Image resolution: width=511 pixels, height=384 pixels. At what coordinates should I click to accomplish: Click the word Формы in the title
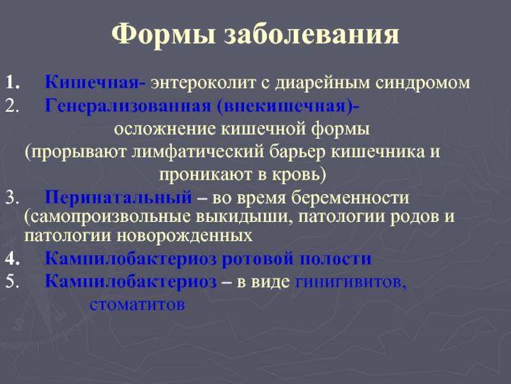(164, 35)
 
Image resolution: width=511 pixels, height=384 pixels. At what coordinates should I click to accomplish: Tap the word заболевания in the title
(311, 35)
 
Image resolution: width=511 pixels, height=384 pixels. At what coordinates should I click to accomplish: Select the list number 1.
(12, 83)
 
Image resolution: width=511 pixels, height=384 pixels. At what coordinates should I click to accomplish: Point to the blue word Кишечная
(92, 83)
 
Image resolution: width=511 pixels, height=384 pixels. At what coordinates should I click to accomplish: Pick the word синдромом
(423, 83)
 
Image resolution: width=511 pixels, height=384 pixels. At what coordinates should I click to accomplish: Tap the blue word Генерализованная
(128, 106)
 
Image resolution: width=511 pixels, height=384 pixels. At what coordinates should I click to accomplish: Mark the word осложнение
(165, 129)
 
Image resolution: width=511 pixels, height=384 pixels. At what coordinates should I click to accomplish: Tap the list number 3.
(11, 198)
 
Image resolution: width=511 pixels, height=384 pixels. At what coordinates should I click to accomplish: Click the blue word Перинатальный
(118, 198)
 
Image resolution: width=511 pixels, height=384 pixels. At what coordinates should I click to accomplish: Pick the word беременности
(350, 198)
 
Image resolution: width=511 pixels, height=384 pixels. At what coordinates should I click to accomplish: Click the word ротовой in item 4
(258, 259)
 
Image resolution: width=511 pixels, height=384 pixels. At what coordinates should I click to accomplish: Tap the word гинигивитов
(351, 282)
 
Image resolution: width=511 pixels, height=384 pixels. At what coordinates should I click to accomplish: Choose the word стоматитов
(137, 305)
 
